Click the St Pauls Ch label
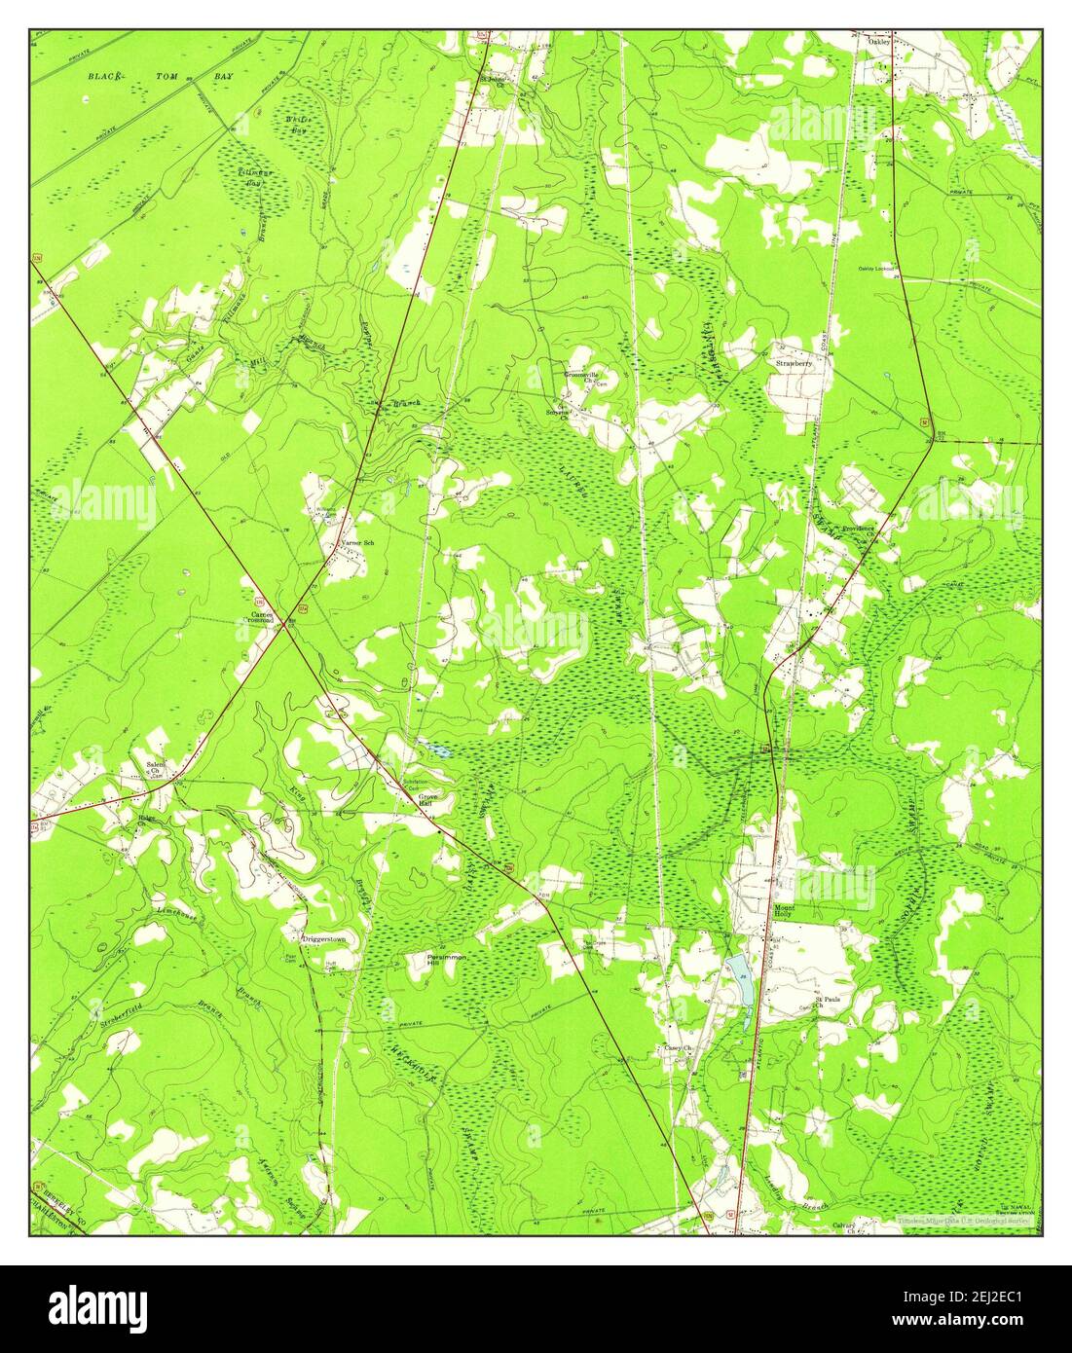pyautogui.click(x=826, y=1003)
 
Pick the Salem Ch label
pyautogui.click(x=157, y=769)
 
